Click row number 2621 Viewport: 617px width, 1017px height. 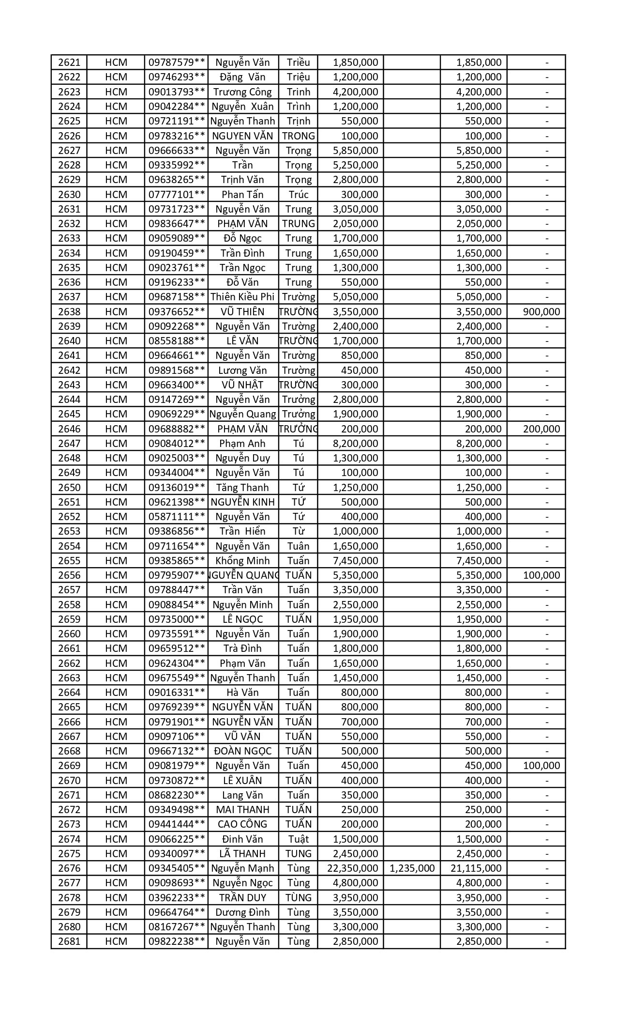point(69,62)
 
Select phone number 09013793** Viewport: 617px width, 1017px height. point(177,92)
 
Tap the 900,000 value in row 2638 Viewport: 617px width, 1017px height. point(542,311)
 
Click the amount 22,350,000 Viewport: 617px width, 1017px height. point(352,868)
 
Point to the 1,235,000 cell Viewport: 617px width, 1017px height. point(412,868)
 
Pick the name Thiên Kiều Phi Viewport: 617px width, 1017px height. point(242,297)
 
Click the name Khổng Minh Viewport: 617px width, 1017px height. point(242,560)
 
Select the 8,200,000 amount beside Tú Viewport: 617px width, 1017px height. point(356,443)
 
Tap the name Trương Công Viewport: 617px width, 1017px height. point(242,92)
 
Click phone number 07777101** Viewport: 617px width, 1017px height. point(177,194)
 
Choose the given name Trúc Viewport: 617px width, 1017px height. point(298,194)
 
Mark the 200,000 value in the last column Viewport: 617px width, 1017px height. point(542,429)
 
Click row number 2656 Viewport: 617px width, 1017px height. point(69,575)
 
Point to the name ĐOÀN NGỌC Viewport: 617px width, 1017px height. point(242,751)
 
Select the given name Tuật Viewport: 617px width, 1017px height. point(298,838)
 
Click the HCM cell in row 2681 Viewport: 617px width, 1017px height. point(116,941)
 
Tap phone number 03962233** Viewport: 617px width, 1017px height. point(177,897)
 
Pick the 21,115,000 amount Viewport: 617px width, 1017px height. point(476,868)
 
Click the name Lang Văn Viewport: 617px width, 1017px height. point(242,795)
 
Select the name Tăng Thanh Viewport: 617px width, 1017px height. point(242,487)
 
